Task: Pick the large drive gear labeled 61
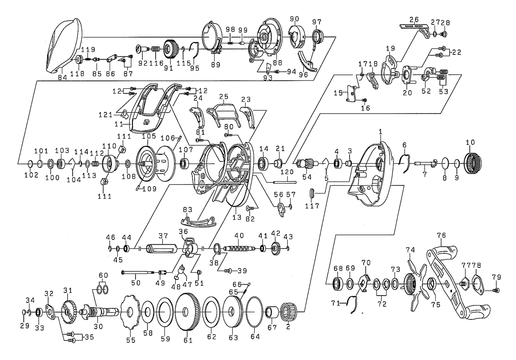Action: (x=187, y=312)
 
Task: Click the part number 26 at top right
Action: (x=414, y=19)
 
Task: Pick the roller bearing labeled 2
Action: (x=288, y=313)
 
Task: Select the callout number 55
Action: (x=130, y=340)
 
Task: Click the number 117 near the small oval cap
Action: (x=312, y=206)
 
